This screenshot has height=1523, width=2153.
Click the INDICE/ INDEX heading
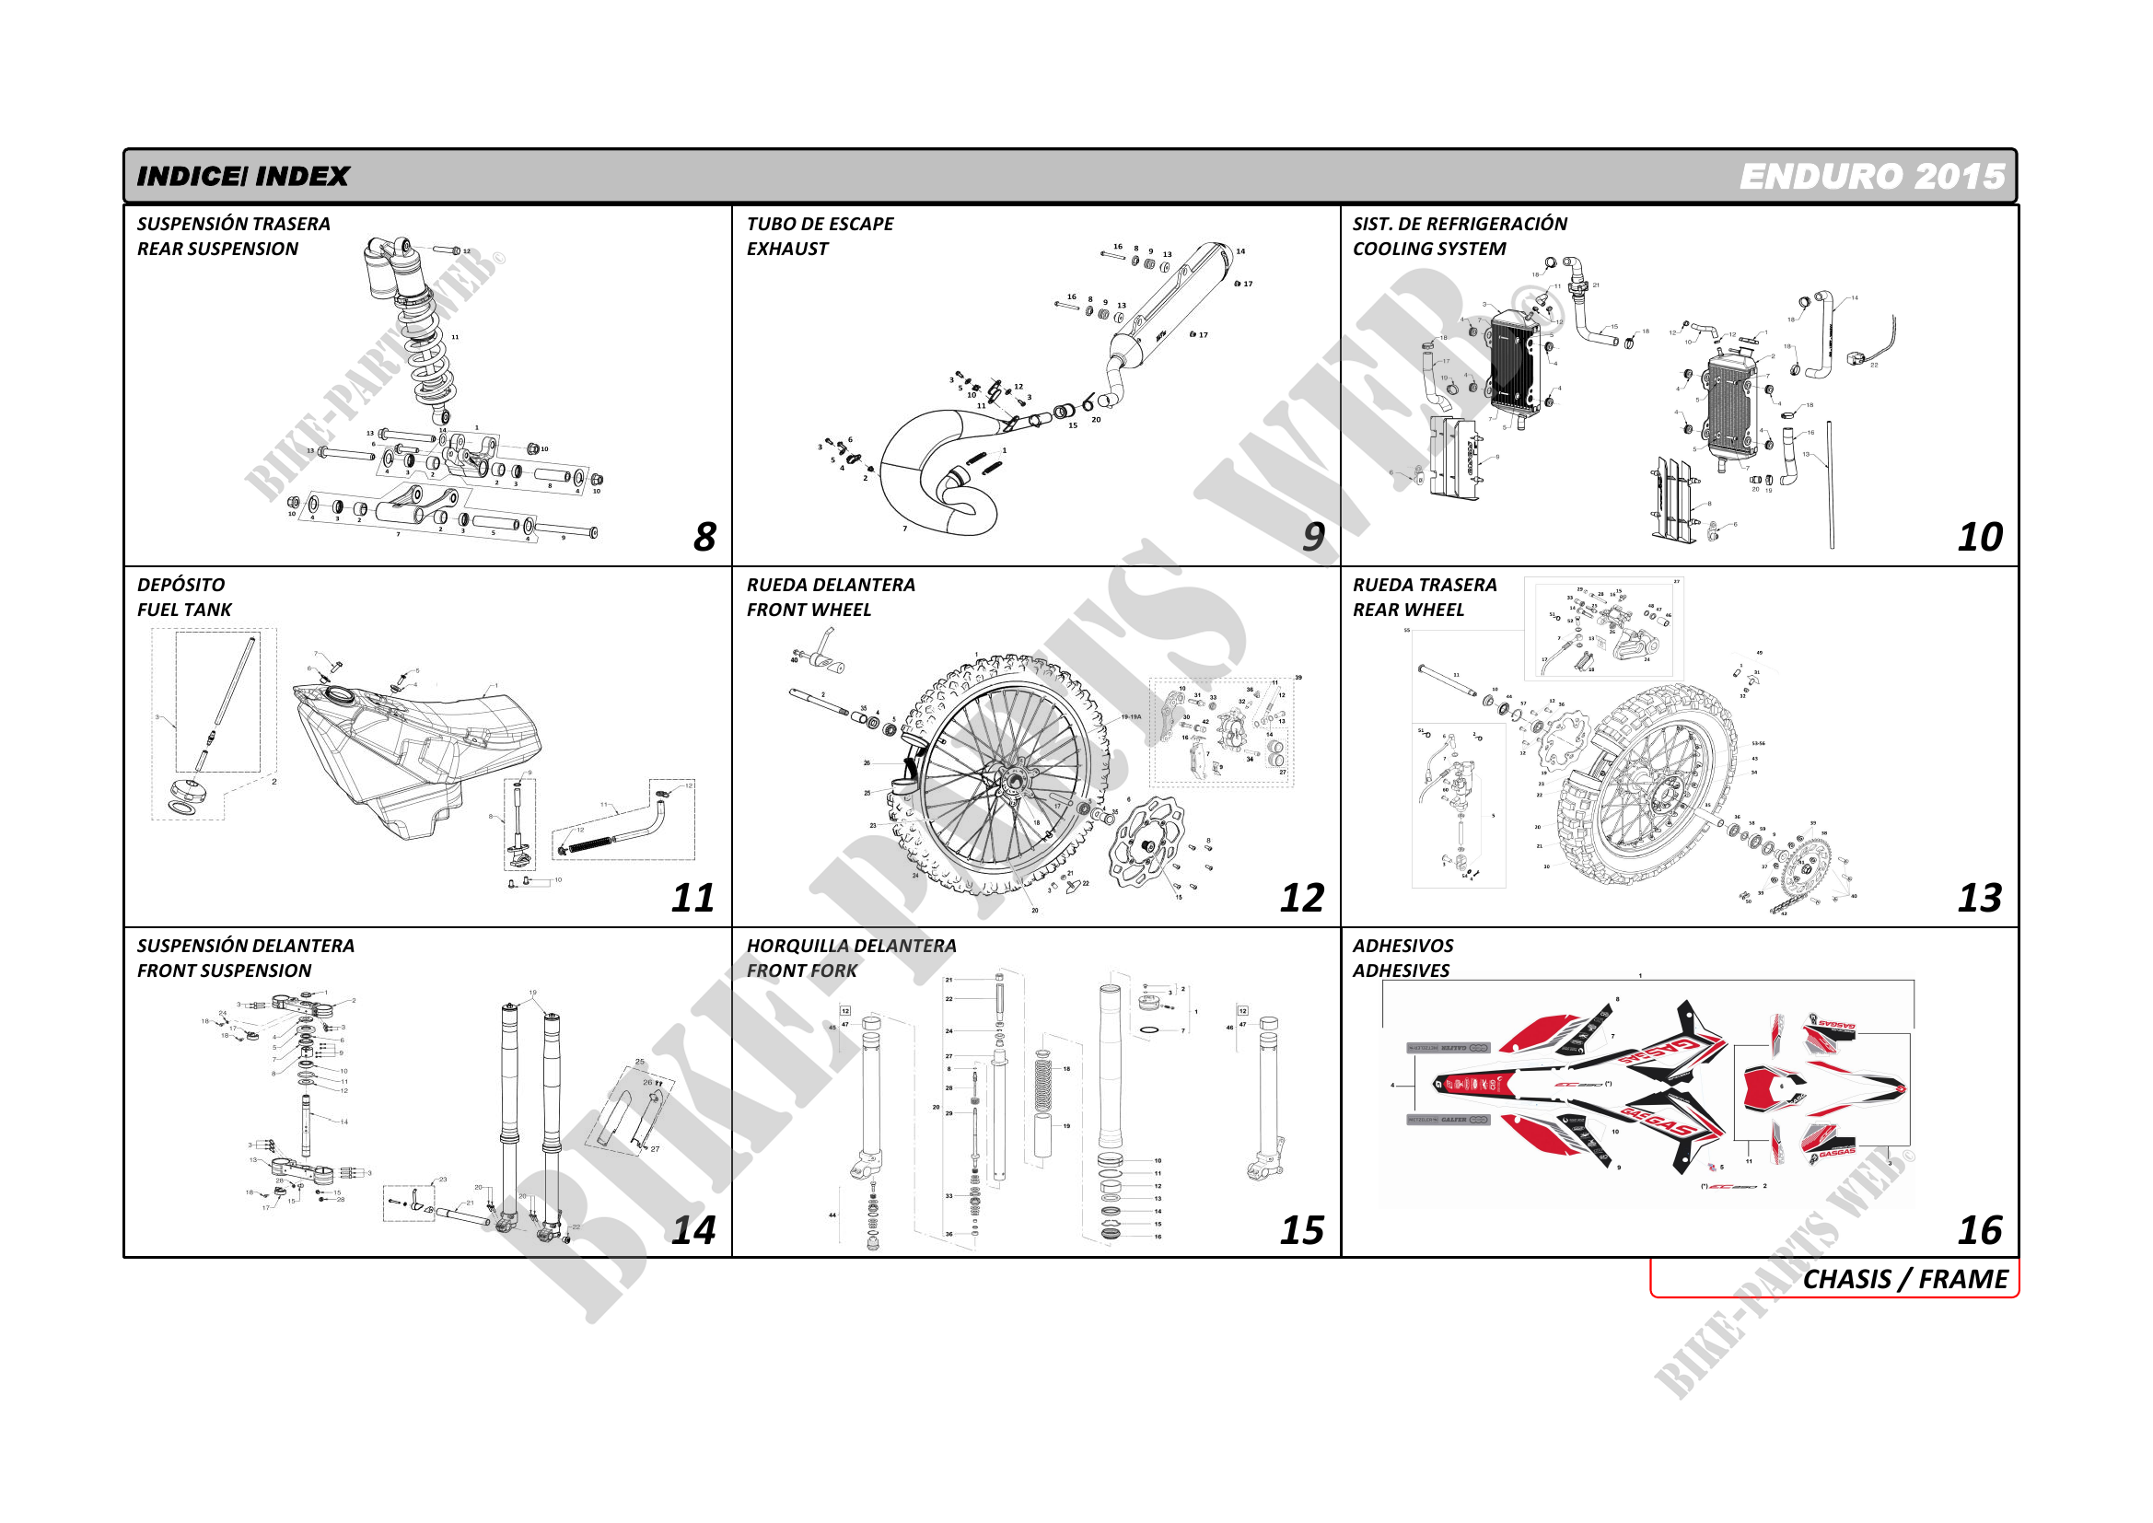pyautogui.click(x=242, y=176)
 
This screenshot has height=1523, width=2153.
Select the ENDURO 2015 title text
pyautogui.click(x=1872, y=176)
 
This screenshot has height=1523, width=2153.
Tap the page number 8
pyautogui.click(x=704, y=538)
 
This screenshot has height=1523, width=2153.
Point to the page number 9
pyautogui.click(x=1314, y=538)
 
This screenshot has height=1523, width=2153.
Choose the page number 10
pyautogui.click(x=1980, y=538)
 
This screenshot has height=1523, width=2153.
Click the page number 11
pyautogui.click(x=693, y=899)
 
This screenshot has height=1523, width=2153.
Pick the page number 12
pyautogui.click(x=1302, y=899)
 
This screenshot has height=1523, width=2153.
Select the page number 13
pyautogui.click(x=1980, y=899)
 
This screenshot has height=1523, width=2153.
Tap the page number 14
pyautogui.click(x=693, y=1230)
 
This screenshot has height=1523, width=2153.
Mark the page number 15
pyautogui.click(x=1302, y=1230)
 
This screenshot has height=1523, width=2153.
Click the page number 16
pyautogui.click(x=1980, y=1230)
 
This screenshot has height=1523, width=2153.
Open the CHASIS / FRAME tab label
pyautogui.click(x=1904, y=1279)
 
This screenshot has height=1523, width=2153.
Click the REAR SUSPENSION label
pyautogui.click(x=217, y=250)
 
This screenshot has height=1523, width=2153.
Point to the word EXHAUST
pyautogui.click(x=787, y=250)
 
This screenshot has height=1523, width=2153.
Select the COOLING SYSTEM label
pyautogui.click(x=1429, y=250)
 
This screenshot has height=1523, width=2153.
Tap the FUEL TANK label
pyautogui.click(x=184, y=610)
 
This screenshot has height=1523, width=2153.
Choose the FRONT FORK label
pyautogui.click(x=802, y=971)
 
